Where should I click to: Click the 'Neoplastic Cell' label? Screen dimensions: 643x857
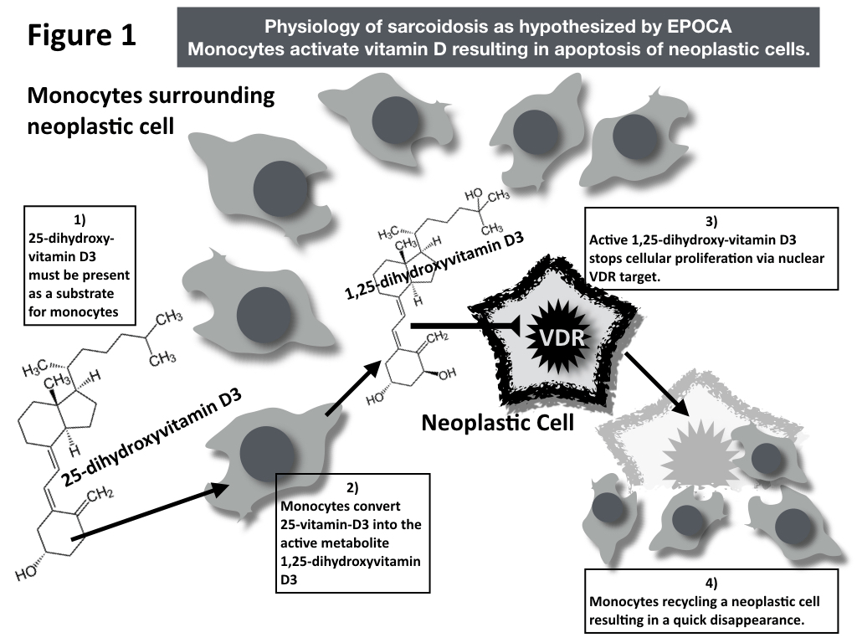(x=497, y=423)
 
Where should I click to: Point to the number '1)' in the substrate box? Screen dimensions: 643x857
(x=80, y=220)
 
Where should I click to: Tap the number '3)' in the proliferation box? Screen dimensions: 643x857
(x=711, y=222)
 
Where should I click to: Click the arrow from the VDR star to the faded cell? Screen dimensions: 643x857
(x=657, y=384)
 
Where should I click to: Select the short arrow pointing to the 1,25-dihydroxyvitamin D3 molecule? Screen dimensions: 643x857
(x=348, y=393)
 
